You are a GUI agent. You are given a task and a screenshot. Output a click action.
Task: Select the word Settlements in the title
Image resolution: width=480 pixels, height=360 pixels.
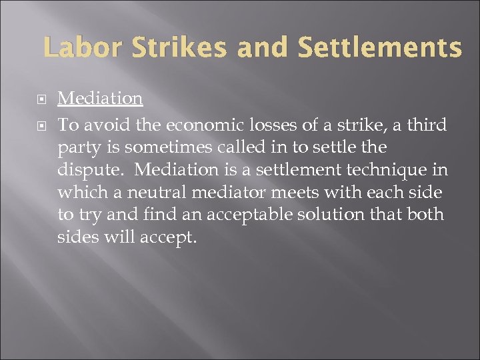(x=379, y=47)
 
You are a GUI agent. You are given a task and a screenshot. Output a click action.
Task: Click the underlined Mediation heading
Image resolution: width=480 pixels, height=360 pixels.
(x=100, y=98)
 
